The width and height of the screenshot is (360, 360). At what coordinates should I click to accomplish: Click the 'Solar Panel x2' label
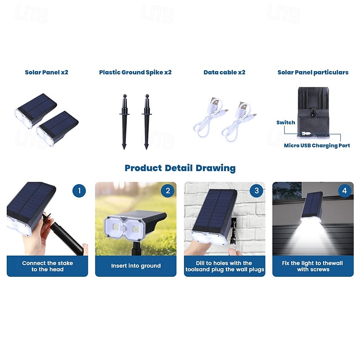point(46,72)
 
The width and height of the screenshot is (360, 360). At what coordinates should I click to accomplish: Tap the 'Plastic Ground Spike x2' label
point(135,72)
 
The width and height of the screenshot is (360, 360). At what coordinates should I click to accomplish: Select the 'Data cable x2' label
point(224,72)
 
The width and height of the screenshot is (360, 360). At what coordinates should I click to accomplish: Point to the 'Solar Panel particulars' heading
point(313,72)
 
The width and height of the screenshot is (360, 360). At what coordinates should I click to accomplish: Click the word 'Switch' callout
point(286,122)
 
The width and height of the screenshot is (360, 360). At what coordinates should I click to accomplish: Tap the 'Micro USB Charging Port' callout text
point(317,145)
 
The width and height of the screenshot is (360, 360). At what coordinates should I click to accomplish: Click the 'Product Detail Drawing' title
point(180,168)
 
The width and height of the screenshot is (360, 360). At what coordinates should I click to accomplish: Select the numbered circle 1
point(79,191)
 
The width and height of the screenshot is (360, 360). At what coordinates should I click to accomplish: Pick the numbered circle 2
point(167,191)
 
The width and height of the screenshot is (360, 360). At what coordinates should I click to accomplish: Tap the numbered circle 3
point(256,190)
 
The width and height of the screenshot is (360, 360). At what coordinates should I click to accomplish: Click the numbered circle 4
point(345,190)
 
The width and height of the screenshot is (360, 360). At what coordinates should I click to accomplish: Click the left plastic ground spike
point(125,122)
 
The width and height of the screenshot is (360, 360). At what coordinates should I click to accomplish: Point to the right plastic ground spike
point(147,122)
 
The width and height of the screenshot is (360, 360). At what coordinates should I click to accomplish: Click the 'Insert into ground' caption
point(136,266)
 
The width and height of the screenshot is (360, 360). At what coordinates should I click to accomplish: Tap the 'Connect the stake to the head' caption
point(48,266)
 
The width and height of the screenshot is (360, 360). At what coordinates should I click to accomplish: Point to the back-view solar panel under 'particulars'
point(313,112)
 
